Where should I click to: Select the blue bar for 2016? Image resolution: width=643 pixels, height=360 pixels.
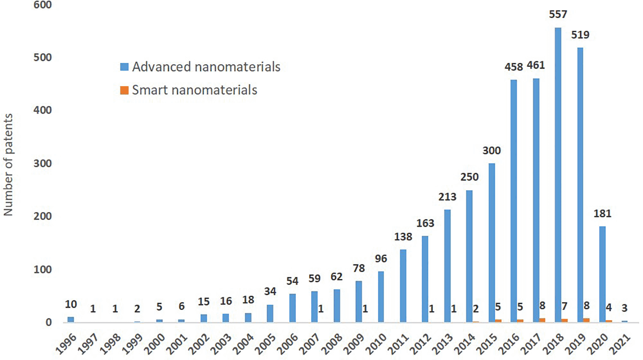(x=514, y=201)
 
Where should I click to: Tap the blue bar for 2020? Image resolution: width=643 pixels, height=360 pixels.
(x=602, y=274)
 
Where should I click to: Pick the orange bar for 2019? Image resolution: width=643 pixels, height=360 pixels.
(x=586, y=320)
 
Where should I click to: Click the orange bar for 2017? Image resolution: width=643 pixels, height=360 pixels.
(x=542, y=320)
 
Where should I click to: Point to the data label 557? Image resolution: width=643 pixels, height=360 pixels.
(x=558, y=15)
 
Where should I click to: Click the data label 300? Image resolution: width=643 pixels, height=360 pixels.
(x=491, y=151)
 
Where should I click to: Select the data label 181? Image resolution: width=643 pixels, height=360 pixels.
(x=602, y=213)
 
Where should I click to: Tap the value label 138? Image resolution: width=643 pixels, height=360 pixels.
(x=403, y=237)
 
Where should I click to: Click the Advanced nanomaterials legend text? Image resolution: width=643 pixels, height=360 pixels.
(x=206, y=67)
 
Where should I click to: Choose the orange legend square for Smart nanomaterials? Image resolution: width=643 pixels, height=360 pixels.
(x=124, y=90)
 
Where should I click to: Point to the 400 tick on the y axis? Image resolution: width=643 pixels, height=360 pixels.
(x=43, y=110)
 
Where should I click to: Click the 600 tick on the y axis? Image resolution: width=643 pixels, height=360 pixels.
(x=43, y=5)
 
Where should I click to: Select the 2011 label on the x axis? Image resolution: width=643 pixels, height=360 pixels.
(x=398, y=344)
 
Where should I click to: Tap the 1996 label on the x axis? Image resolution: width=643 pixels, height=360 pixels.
(x=66, y=344)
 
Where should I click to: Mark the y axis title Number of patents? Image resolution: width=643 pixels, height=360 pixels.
(x=8, y=165)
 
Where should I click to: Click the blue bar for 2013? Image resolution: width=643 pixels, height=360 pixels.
(x=447, y=266)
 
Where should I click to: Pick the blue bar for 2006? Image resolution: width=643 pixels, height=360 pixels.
(x=292, y=308)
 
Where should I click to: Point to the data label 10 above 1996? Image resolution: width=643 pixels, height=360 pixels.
(x=71, y=304)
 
